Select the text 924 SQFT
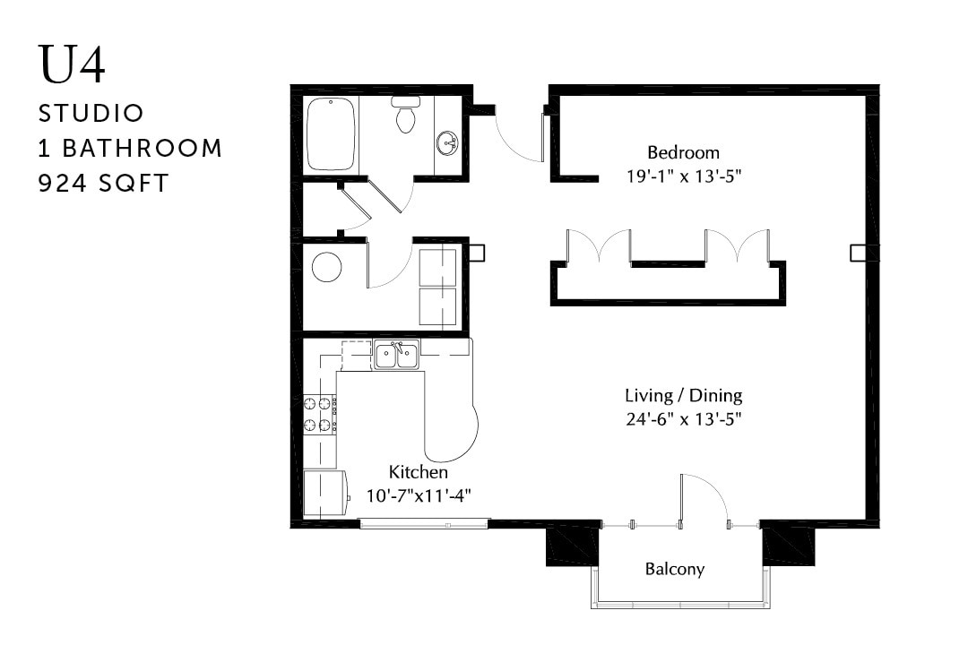tap(104, 183)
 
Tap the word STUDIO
tap(91, 114)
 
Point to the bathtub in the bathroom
tap(332, 135)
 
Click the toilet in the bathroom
tap(406, 116)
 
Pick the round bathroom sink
tap(446, 142)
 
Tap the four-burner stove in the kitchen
tap(319, 414)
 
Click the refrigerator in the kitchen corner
tap(324, 493)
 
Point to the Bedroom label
tap(683, 152)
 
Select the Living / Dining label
tap(683, 395)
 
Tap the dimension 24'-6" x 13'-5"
tap(683, 418)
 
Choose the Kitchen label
tap(418, 472)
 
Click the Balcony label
tap(675, 569)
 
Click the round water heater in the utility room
tap(326, 267)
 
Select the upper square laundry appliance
tap(437, 267)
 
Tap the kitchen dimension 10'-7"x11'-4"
tap(419, 495)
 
